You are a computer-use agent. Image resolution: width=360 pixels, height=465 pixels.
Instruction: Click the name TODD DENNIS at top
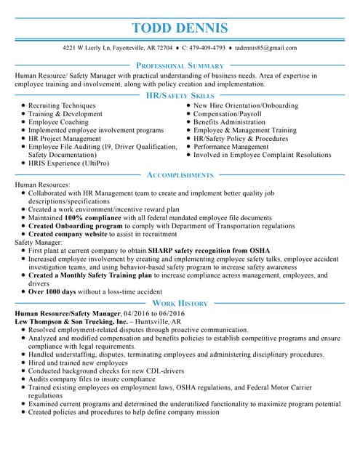pos(180,28)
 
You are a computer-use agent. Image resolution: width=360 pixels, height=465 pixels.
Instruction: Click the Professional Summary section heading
pos(180,65)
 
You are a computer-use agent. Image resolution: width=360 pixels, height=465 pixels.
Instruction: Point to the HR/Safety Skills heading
pos(180,95)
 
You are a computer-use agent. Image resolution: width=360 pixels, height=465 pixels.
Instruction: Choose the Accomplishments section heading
pos(180,175)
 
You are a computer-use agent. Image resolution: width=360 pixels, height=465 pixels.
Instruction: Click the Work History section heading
pos(180,303)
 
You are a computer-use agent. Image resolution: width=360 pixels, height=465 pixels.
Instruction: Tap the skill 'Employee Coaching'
pos(58,122)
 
